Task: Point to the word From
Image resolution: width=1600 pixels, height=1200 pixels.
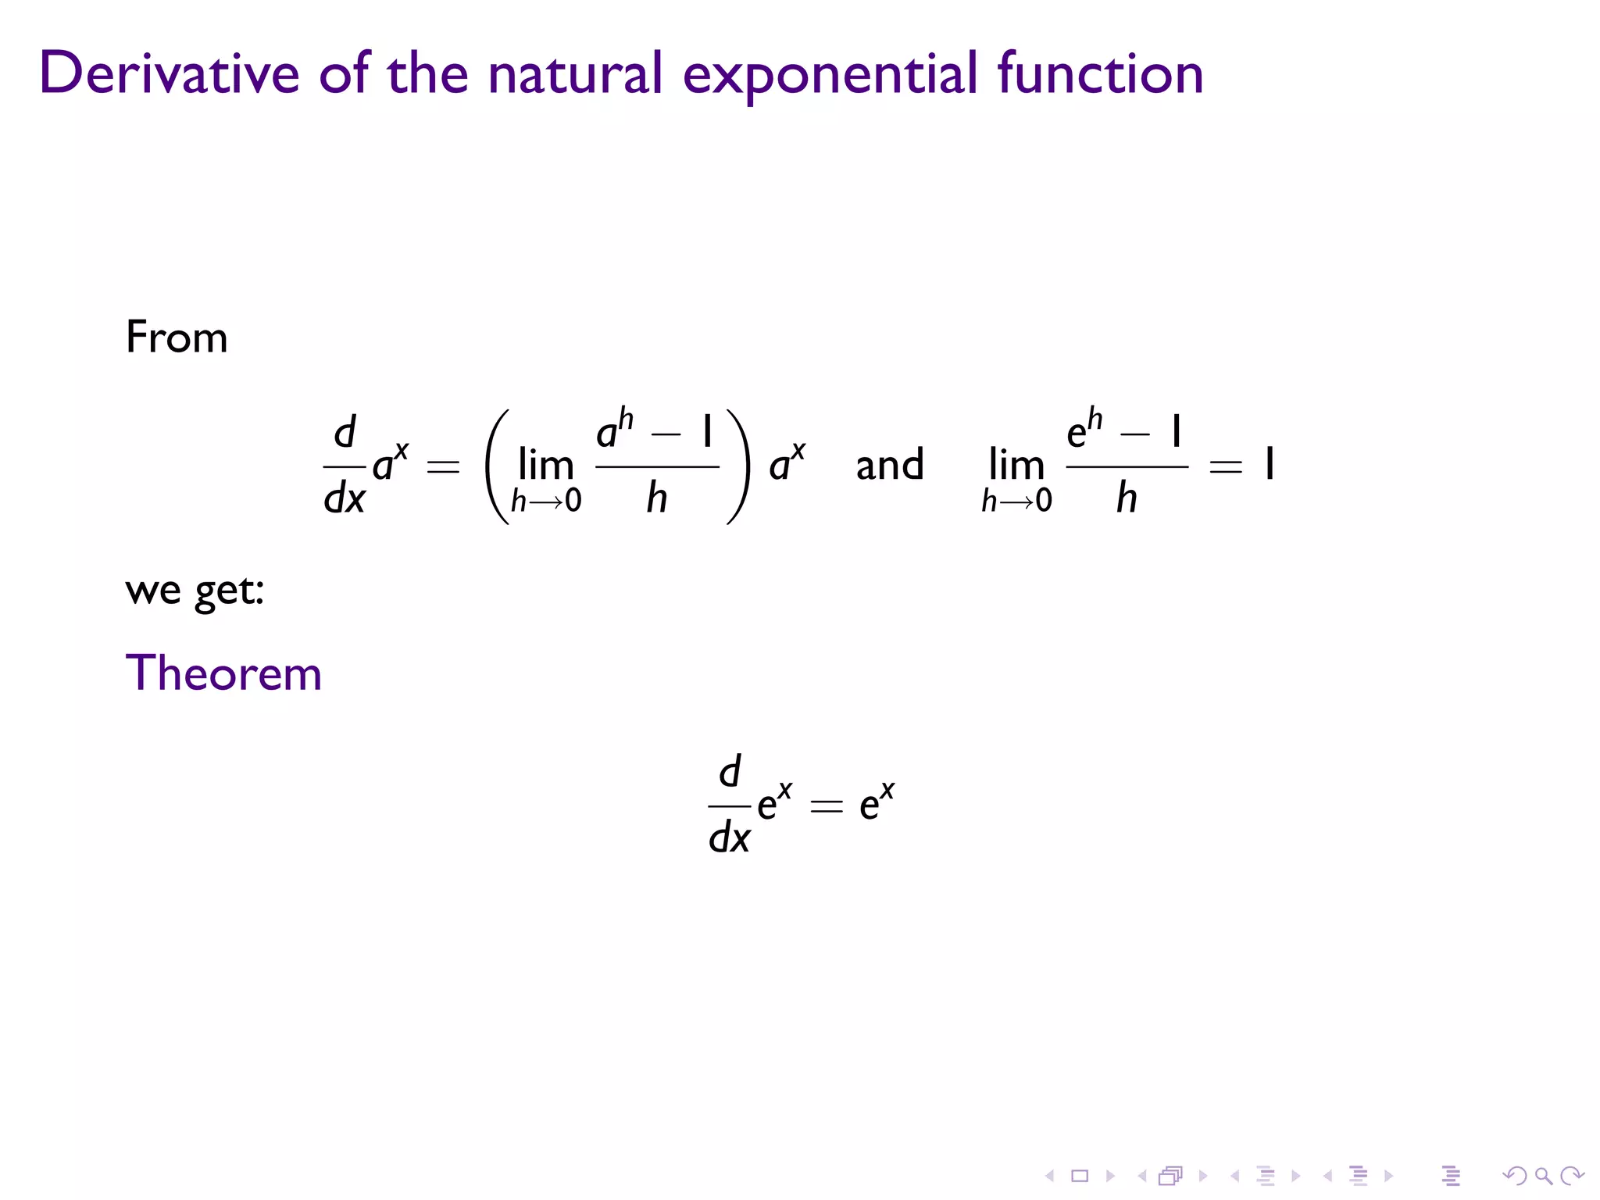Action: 177,337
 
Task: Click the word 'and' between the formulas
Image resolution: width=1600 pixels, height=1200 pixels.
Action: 890,466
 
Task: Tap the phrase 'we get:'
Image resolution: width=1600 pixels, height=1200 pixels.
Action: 195,591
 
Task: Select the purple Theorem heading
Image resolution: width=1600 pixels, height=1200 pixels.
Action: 223,673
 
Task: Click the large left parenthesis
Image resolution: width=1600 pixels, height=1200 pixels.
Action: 497,466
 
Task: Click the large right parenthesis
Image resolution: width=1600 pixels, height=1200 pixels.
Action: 739,466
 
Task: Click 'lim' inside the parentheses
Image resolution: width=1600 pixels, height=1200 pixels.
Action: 546,466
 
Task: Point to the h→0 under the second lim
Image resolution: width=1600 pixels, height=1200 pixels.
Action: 1016,501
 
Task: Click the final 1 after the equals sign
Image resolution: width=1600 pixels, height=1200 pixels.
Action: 1270,465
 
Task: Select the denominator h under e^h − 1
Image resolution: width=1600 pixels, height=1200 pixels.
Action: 1126,498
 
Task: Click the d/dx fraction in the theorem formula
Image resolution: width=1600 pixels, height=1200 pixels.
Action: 729,805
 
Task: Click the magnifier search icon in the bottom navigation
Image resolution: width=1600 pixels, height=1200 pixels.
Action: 1543,1176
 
